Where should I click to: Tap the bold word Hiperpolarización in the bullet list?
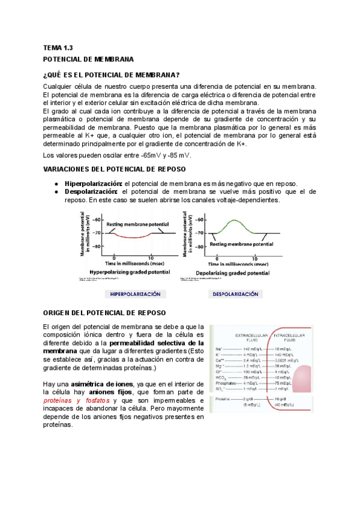tap(93, 183)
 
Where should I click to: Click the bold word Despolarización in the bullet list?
tap(89, 191)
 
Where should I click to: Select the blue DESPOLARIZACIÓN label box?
tap(235, 294)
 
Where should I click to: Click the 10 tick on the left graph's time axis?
tap(152, 256)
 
